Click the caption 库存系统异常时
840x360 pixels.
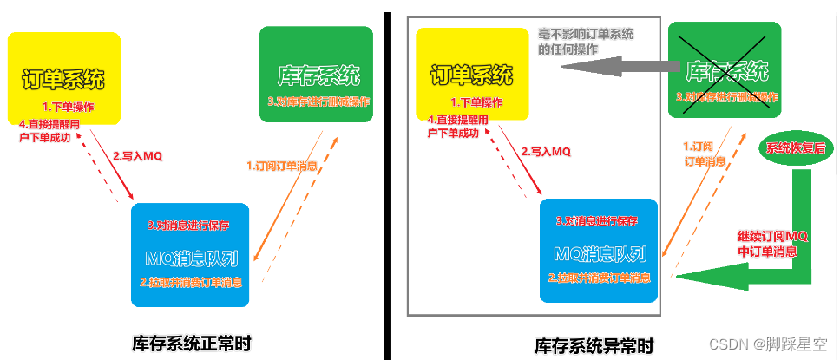coord(594,344)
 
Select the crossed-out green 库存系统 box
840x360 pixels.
coord(725,69)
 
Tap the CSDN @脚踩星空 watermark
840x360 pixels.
coord(768,344)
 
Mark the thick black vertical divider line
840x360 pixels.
coord(389,180)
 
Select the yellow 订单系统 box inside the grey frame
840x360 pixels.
coord(472,75)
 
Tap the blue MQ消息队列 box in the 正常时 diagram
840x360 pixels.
coord(190,255)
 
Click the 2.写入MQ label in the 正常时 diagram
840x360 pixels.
coord(137,156)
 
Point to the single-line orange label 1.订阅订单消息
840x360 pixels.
coord(281,166)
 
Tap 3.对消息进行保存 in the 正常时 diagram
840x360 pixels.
coord(188,226)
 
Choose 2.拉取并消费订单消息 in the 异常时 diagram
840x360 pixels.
coord(599,278)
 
